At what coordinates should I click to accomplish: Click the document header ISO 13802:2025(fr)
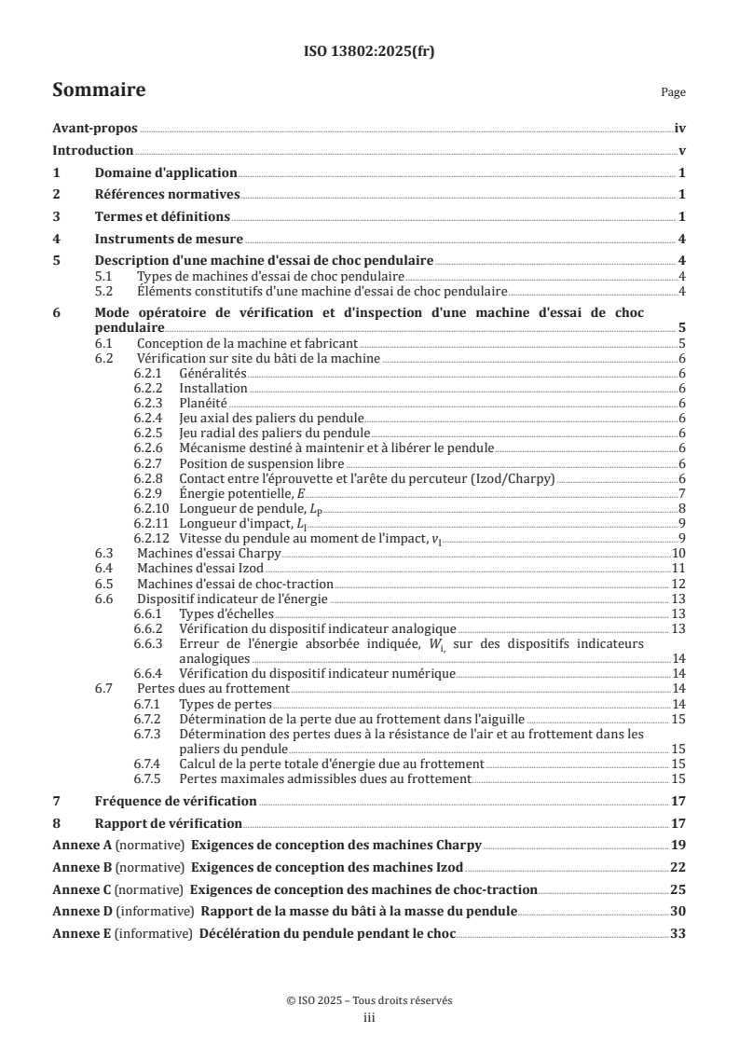[x=369, y=52]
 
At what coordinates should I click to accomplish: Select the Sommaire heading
[x=98, y=90]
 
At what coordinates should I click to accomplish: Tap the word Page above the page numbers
[x=673, y=93]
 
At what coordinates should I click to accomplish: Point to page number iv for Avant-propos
[x=680, y=130]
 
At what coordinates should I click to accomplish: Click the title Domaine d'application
[x=166, y=173]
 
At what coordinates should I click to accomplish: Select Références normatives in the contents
[x=168, y=195]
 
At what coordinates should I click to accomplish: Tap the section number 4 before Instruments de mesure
[x=56, y=239]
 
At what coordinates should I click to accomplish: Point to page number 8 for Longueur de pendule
[x=683, y=507]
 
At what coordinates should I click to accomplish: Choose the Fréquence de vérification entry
[x=176, y=802]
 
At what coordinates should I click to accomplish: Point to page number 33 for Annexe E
[x=679, y=933]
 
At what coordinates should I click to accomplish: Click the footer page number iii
[x=369, y=1019]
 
